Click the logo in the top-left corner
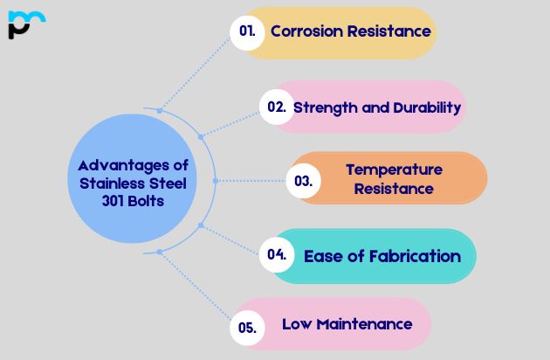pos(25,24)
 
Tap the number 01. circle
pos(247,31)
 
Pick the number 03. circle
pos(304,182)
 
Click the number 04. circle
pos(277,255)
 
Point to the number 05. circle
pos(247,328)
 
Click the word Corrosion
pos(306,31)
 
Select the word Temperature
pos(394,170)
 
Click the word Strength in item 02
pos(322,107)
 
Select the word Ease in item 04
pos(320,256)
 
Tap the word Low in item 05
pos(294,324)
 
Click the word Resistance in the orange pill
pos(394,188)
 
